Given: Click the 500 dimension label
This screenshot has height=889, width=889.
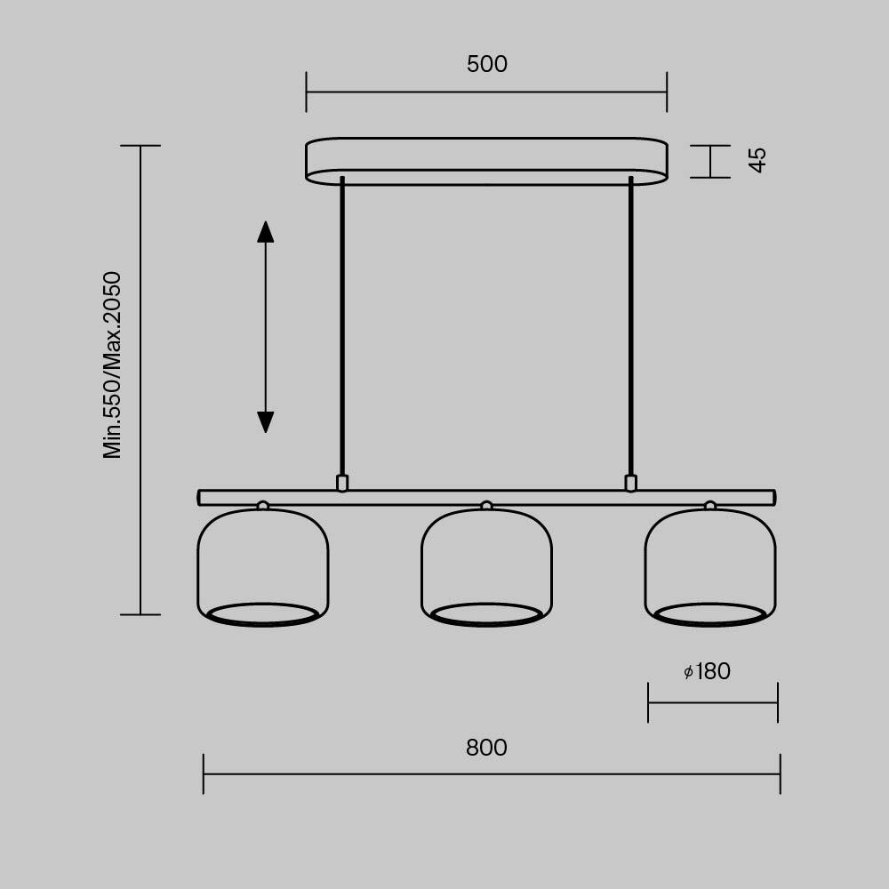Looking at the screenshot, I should (x=486, y=65).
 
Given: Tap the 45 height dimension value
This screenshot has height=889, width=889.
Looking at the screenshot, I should (x=757, y=160).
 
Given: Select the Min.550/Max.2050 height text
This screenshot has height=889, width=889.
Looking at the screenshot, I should (x=113, y=364).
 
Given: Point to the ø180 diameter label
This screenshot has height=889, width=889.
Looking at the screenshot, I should (x=708, y=672).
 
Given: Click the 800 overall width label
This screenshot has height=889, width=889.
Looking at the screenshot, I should (x=486, y=749).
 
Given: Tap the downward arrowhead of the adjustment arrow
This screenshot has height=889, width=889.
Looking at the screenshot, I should (x=265, y=421).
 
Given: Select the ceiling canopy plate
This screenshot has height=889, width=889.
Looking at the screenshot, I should (x=486, y=161).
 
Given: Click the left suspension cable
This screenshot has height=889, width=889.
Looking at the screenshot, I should (x=342, y=329).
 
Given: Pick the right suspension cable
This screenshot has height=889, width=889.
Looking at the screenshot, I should (x=631, y=329).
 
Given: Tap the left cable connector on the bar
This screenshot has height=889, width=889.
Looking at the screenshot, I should (x=342, y=483).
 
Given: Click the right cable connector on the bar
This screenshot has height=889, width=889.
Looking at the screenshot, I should (x=631, y=483).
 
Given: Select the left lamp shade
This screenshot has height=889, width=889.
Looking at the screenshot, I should (x=262, y=560).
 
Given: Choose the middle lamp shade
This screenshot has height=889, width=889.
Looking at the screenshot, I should (x=486, y=560).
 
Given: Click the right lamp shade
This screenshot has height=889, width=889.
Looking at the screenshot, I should (x=709, y=560).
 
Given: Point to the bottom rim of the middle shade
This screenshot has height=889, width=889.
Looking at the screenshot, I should (x=486, y=614).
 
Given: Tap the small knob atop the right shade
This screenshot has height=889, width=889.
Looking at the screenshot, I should (x=709, y=506).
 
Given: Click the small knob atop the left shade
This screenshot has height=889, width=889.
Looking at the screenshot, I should (x=262, y=506).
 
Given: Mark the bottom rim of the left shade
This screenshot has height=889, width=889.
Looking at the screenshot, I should (x=262, y=614).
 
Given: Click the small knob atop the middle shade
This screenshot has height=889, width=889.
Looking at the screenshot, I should (x=486, y=506).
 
